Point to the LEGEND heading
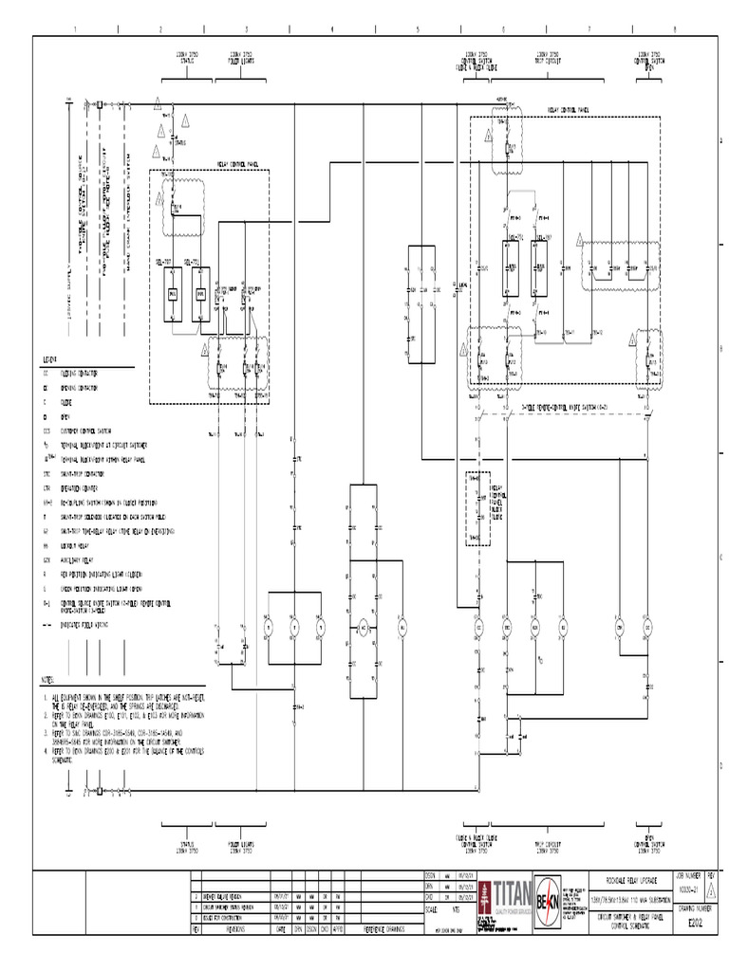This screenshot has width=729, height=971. (49, 360)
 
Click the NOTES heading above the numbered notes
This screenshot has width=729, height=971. (47, 681)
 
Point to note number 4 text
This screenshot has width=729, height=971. (123, 750)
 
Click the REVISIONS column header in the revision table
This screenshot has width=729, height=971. (234, 930)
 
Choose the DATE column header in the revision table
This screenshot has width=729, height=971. (281, 930)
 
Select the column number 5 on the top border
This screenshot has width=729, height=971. (417, 29)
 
